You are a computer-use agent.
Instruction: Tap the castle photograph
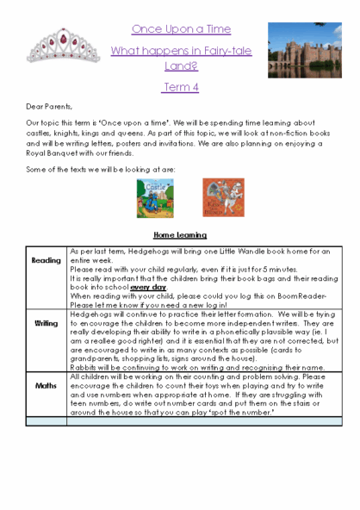[x=303, y=48]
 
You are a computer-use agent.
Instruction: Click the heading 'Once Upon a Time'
[x=180, y=29]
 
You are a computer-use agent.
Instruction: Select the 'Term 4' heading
[x=180, y=87]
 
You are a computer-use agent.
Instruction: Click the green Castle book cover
[x=152, y=196]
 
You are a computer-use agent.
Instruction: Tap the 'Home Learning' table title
[x=180, y=234]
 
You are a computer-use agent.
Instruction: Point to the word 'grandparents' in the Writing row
[x=96, y=357]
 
